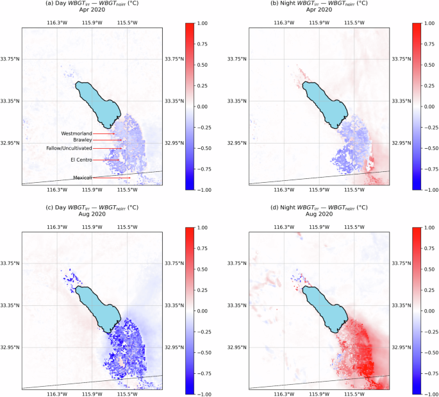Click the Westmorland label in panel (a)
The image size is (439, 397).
[x=76, y=133]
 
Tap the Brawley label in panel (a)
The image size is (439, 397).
[x=83, y=140]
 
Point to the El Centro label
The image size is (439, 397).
[x=81, y=160]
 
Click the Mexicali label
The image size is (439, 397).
[x=83, y=178]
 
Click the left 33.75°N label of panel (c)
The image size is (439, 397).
[x=10, y=263]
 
